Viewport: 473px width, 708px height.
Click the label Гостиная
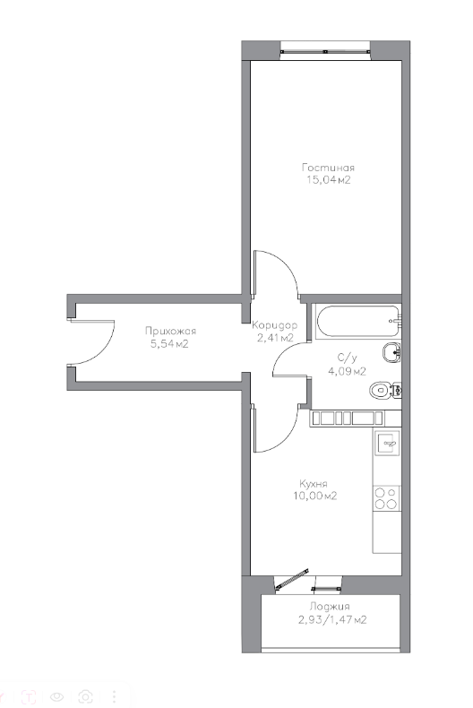pos(328,168)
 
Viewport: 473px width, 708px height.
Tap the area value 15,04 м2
pos(328,180)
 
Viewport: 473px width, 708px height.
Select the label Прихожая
pos(170,331)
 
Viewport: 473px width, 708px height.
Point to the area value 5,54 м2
pos(169,344)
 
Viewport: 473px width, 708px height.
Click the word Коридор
pos(274,325)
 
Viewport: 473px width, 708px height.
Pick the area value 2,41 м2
pos(275,338)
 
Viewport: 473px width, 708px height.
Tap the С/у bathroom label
pos(347,358)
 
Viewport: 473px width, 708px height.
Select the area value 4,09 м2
pos(347,372)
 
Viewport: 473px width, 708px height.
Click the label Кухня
pos(314,483)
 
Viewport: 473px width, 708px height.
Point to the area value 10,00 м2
pos(314,496)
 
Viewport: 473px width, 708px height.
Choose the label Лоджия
pos(330,607)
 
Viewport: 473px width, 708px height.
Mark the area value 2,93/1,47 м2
pos(332,619)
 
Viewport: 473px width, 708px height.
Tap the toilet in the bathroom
pos(385,389)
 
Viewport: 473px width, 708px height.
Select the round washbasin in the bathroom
pos(391,352)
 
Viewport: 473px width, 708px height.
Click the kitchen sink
pos(388,443)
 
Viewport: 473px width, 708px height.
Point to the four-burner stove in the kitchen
pos(387,498)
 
